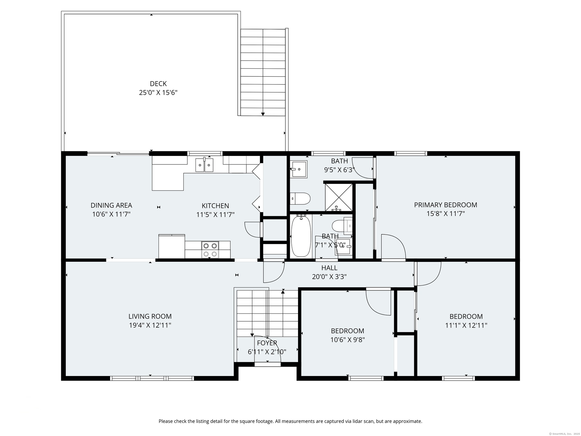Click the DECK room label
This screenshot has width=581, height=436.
(158, 84)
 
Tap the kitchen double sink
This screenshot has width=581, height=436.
(204, 165)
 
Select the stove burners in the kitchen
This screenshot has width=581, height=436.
(210, 250)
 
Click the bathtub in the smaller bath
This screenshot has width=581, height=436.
(301, 236)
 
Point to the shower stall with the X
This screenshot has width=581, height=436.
(339, 197)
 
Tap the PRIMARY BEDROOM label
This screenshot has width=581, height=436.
(445, 205)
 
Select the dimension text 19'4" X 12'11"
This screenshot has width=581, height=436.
(150, 325)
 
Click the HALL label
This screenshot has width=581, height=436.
(329, 268)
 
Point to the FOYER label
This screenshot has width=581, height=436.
(267, 343)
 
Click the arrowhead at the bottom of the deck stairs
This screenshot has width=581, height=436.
(263, 114)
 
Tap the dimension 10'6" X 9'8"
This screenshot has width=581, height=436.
(347, 340)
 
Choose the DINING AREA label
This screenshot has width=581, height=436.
(111, 205)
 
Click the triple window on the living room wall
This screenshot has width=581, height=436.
(152, 378)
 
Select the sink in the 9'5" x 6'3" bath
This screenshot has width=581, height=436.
(299, 169)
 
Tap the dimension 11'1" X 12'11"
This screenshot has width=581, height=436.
(466, 325)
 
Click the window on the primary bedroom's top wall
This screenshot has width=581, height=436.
(411, 153)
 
